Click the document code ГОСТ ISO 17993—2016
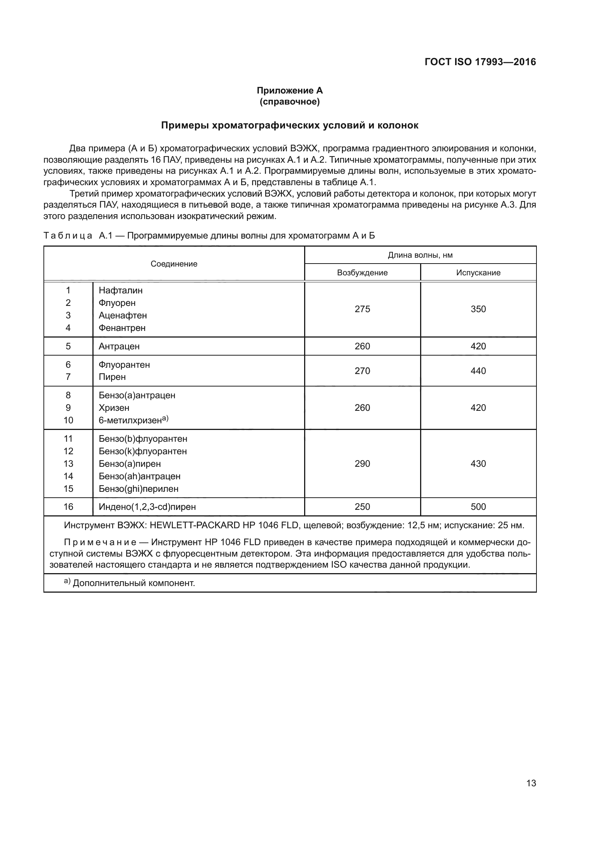point(480,62)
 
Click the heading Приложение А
point(289,91)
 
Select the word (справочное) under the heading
point(289,102)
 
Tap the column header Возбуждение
point(362,273)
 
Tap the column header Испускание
point(478,273)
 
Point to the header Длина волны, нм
point(420,255)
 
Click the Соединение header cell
point(174,264)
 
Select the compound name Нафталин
point(120,290)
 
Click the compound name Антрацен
point(119,346)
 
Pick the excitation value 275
point(362,309)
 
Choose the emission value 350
point(478,309)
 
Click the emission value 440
point(478,371)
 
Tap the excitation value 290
point(362,463)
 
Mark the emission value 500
point(478,507)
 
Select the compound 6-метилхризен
point(130,420)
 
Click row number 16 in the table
point(68,507)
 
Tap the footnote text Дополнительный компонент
point(134,583)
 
